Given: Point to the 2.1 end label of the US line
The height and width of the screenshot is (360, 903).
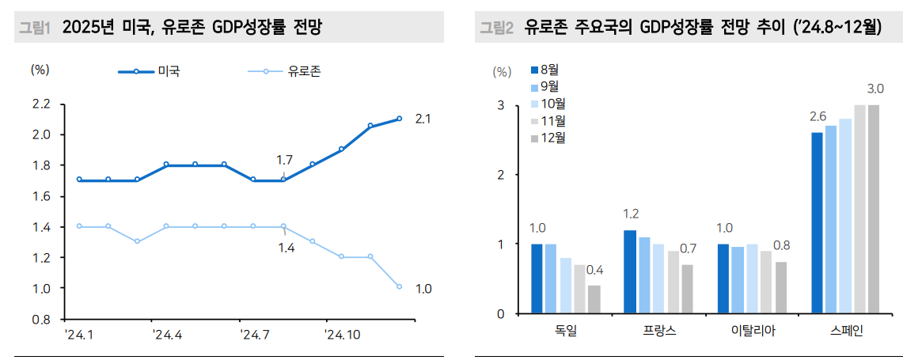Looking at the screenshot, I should [x=423, y=119].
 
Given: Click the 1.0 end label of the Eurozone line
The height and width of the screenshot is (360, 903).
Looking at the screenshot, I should [x=423, y=289].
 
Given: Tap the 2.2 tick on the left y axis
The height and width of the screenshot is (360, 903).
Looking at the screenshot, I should [x=41, y=104].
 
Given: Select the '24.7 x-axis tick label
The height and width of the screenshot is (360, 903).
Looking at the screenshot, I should [x=253, y=335].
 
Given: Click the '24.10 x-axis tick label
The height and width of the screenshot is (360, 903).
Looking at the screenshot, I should [x=343, y=335].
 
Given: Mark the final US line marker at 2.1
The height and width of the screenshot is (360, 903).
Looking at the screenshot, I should [x=399, y=119].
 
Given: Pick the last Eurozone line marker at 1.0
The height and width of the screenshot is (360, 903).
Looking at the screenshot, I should [x=399, y=286].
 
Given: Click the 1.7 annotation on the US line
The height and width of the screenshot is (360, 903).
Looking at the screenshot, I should [x=284, y=160].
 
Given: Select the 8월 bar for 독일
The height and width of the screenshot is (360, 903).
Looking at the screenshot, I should [x=537, y=279].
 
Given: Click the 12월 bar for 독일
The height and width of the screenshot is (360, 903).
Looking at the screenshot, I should [x=594, y=299].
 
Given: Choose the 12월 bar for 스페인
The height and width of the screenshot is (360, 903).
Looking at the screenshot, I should [x=874, y=209].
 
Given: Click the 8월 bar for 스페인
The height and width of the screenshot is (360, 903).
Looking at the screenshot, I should [x=817, y=222].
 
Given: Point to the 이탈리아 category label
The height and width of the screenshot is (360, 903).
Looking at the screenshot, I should [x=753, y=332].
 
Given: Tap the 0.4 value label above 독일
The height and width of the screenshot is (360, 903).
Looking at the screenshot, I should [x=595, y=271].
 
